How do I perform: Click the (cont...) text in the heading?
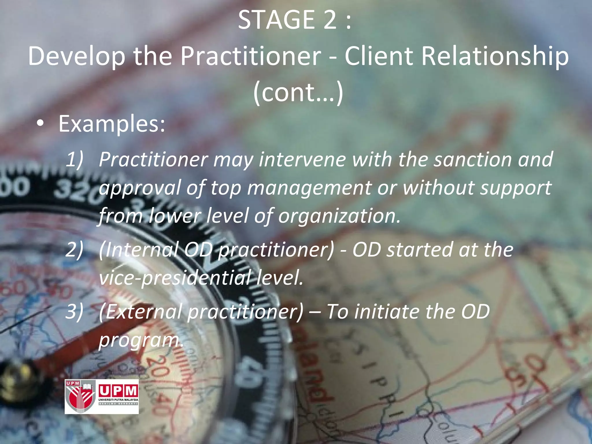298,92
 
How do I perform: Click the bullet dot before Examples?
40,124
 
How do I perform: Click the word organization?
339,216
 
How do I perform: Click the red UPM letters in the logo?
119,391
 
